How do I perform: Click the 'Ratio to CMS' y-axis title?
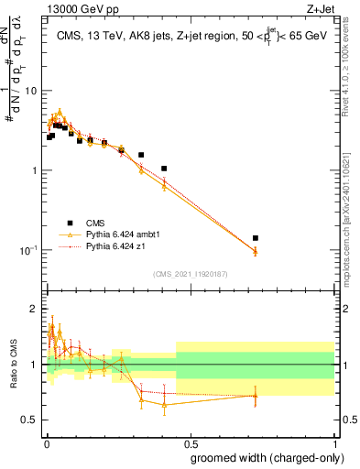tap(14, 365)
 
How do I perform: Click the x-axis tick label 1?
tap(338, 442)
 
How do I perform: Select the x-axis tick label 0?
tap(47, 442)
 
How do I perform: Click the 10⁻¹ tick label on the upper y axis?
tap(29, 250)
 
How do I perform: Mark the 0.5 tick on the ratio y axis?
tap(32, 420)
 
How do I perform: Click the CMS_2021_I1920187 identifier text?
tap(190, 274)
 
